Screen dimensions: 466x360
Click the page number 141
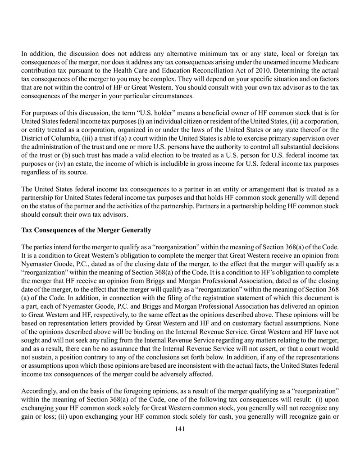(x=180, y=429)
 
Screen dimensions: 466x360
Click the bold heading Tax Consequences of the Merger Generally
(x=86, y=230)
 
